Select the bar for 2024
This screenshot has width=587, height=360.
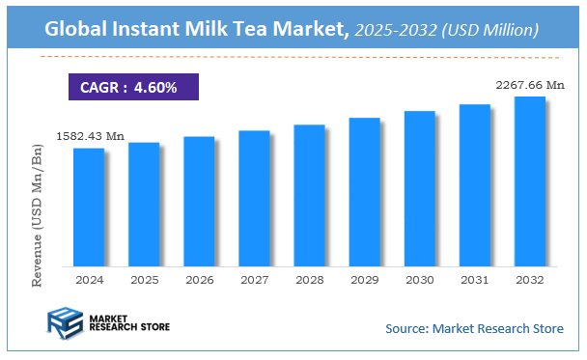pos(89,207)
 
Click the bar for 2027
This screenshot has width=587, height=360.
pos(254,198)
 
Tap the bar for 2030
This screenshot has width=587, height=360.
pos(419,188)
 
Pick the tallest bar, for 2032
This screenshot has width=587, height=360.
pos(529,180)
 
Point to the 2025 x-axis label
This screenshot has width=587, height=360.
pos(144,279)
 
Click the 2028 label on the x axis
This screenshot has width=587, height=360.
pos(309,279)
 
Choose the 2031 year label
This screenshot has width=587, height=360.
pos(474,279)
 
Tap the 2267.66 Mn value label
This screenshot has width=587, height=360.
pos(529,86)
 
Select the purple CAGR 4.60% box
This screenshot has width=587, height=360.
pos(133,87)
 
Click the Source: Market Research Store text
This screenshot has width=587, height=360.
pos(474,329)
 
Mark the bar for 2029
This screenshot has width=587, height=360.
pos(364,192)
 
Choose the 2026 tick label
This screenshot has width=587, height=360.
pos(199,279)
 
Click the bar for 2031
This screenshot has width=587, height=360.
pos(474,184)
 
